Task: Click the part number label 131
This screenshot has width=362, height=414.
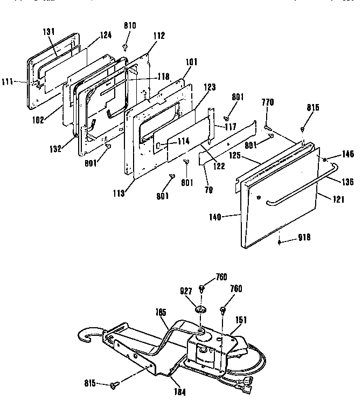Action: coord(49,32)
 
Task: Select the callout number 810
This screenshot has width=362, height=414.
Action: coord(130,25)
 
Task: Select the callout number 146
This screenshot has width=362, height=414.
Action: coord(347,154)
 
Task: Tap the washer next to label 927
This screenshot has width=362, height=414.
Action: coord(200,310)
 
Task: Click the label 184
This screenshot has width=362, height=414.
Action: coord(180,392)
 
